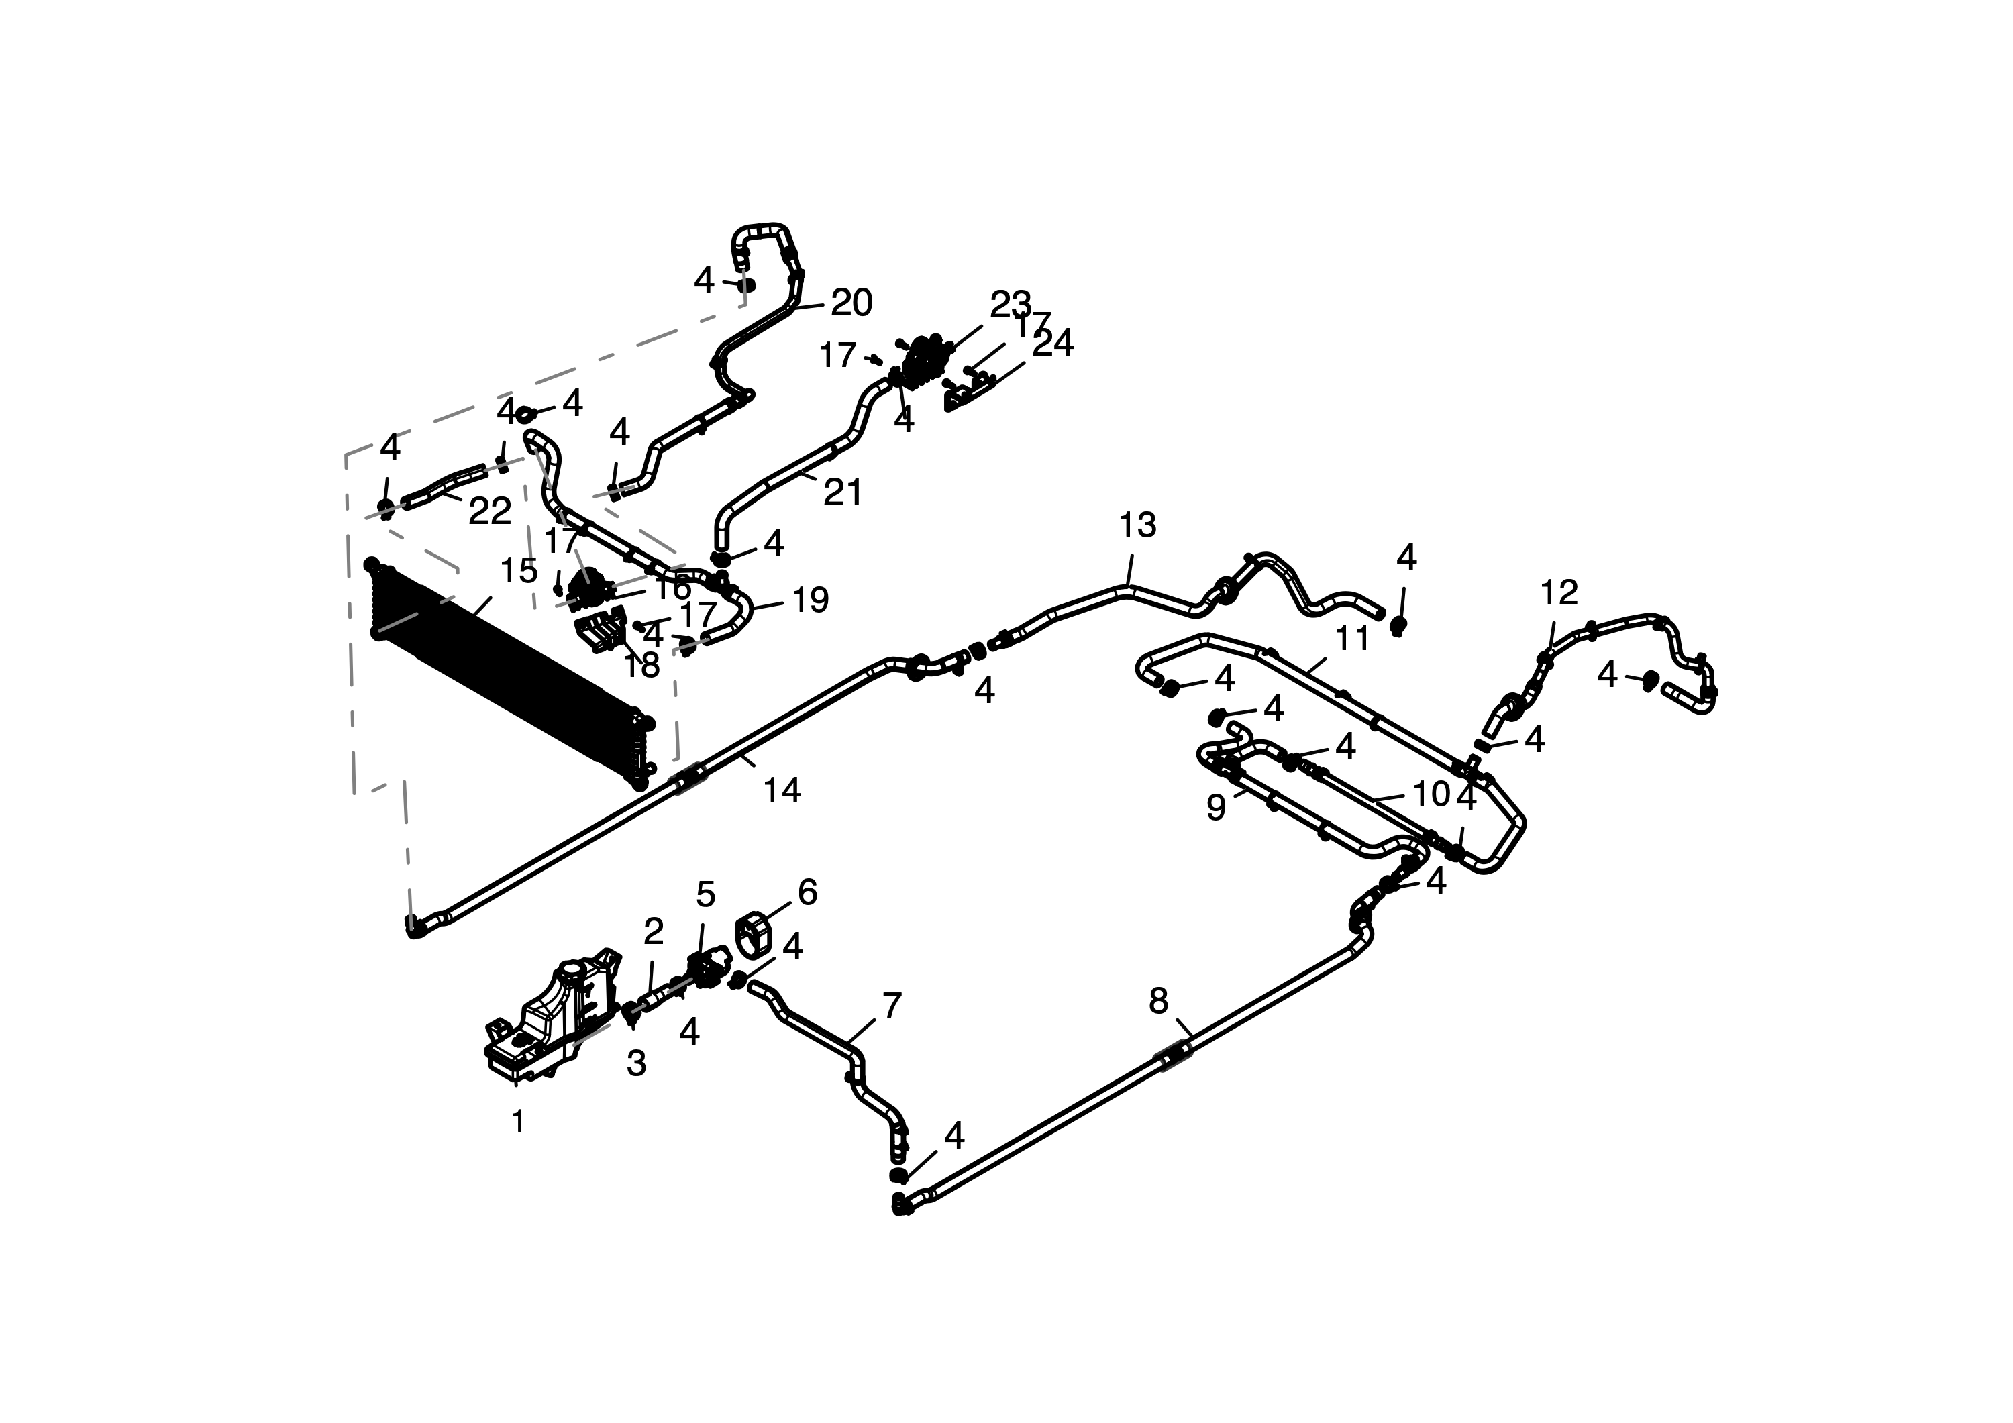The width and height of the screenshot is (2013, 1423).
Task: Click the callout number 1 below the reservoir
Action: tap(518, 1121)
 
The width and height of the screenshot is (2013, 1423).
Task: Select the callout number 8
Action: tap(1158, 1000)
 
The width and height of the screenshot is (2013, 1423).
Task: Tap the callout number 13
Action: tap(1137, 525)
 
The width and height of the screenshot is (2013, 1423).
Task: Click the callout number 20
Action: tap(851, 303)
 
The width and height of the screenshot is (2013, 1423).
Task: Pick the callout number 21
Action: tap(843, 492)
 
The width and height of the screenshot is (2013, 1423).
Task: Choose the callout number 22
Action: tap(489, 512)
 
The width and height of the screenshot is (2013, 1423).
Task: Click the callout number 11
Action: tap(1352, 639)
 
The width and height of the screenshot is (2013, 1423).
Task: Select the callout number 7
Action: tap(892, 1006)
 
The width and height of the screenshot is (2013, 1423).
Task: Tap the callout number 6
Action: tap(807, 892)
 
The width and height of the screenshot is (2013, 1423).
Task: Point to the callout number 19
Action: tap(810, 600)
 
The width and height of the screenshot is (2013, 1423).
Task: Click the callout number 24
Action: tap(1053, 344)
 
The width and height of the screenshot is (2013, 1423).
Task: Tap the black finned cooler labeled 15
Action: tap(509, 675)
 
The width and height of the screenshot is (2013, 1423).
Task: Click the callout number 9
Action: tap(1215, 808)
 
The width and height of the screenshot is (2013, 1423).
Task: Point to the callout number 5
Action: tap(706, 895)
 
